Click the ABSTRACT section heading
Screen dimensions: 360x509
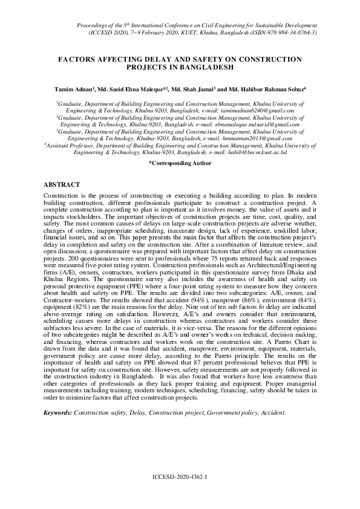62,184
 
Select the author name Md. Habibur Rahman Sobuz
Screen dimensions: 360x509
269,89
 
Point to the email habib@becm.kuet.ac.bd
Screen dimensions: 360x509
257,153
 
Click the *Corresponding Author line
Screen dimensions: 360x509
180,163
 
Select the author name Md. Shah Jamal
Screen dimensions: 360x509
196,89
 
